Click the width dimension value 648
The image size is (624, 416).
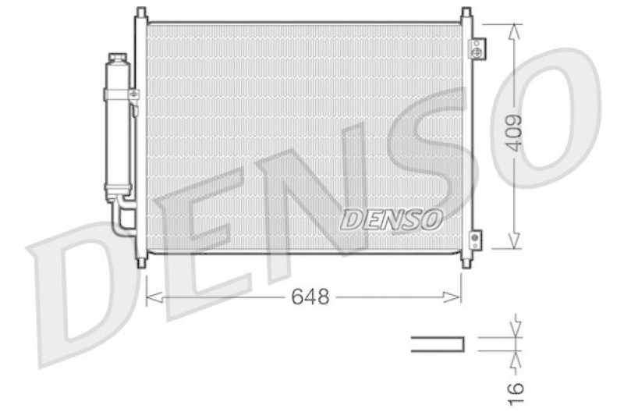coord(310,297)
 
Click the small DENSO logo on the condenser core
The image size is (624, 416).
coord(392,219)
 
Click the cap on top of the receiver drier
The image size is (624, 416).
coord(118,59)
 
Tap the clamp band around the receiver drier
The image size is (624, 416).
coord(119,94)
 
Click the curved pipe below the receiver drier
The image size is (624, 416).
coord(119,219)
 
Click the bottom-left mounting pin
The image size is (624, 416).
coord(140,263)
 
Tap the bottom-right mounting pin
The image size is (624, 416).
coord(466,263)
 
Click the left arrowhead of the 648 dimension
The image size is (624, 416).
coord(152,297)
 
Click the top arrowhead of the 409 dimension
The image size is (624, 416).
coord(513,30)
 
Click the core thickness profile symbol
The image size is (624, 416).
coord(437,343)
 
